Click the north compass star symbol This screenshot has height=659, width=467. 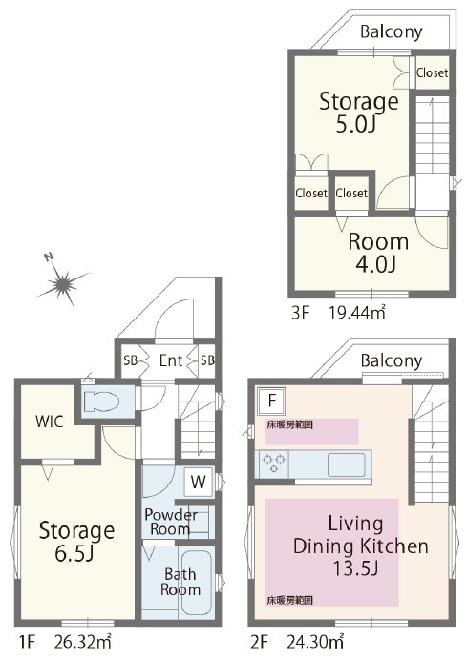[x=63, y=283]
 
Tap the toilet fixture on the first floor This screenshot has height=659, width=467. [x=99, y=401]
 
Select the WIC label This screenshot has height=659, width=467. [x=50, y=422]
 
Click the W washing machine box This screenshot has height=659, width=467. [x=198, y=482]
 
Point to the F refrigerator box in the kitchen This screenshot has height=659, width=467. [x=271, y=400]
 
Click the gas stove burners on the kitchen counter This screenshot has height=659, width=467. [x=274, y=463]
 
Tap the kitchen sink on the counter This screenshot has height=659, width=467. [x=347, y=464]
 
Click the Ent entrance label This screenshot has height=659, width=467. [x=171, y=360]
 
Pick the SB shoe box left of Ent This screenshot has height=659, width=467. [x=131, y=360]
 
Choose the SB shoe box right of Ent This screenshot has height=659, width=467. [x=206, y=360]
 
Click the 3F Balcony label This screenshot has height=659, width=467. [x=392, y=31]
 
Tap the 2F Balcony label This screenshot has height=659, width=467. [x=392, y=361]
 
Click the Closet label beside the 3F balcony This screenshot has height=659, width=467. [x=432, y=72]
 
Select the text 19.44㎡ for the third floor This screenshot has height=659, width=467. [x=357, y=313]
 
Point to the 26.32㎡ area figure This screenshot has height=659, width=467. [x=82, y=642]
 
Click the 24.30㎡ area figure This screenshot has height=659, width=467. [x=315, y=642]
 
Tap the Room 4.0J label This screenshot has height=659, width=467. [x=378, y=253]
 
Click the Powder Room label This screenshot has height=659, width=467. [x=171, y=522]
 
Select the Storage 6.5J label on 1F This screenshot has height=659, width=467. [x=76, y=542]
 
